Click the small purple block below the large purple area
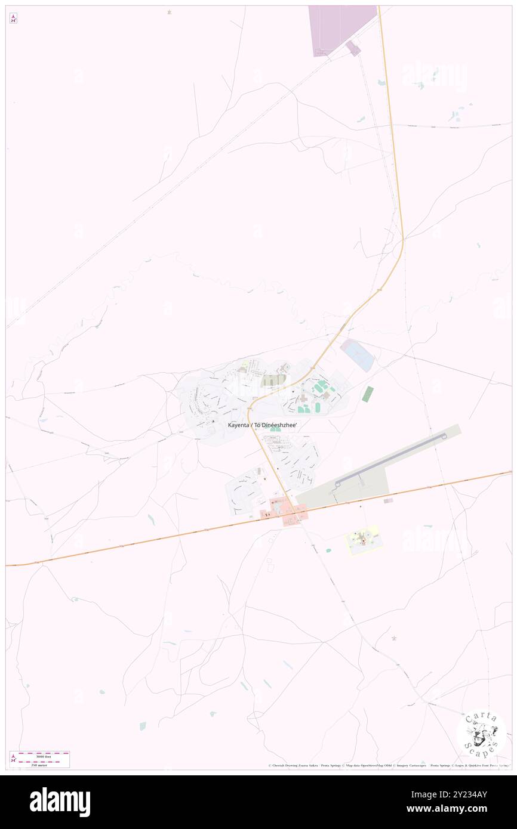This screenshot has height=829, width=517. tap(353, 48)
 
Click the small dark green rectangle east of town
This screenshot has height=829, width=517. tap(368, 394)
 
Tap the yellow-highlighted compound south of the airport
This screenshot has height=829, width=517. tap(364, 540)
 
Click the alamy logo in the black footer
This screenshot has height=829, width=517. tap(60, 802)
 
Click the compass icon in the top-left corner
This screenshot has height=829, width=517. tap(13, 18)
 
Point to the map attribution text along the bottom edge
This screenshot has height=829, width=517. tap(388, 765)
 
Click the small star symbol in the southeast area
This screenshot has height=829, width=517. tap(393, 639)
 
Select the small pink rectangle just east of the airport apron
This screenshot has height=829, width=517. tap(388, 501)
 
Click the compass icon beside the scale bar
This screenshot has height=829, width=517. tap(13, 759)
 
